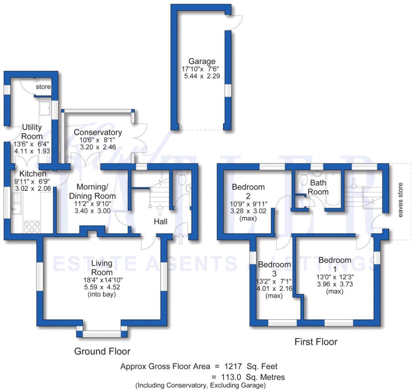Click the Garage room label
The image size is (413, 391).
click(202, 61)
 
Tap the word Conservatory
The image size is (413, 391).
click(98, 132)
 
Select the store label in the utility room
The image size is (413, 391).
click(43, 86)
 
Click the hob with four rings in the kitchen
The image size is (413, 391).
click(32, 227)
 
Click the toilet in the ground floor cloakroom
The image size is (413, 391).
click(182, 178)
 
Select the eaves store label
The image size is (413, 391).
click(400, 200)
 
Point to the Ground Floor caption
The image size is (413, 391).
click(102, 351)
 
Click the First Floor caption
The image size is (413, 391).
click(316, 342)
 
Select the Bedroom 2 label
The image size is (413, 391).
click(248, 191)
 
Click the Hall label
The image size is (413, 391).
click(161, 221)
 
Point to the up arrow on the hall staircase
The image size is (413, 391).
click(160, 210)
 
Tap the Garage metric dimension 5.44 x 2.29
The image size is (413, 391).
click(202, 76)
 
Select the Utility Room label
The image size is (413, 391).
click(32, 132)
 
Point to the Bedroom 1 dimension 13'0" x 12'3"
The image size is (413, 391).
click(335, 277)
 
